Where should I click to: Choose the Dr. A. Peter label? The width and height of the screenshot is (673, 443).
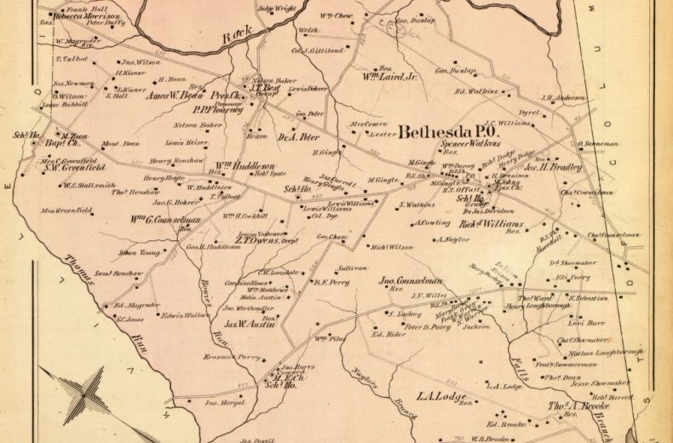[x=297, y=135]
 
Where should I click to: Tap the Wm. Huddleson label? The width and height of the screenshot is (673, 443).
[x=238, y=165]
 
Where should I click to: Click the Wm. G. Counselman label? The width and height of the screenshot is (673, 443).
[x=161, y=220]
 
